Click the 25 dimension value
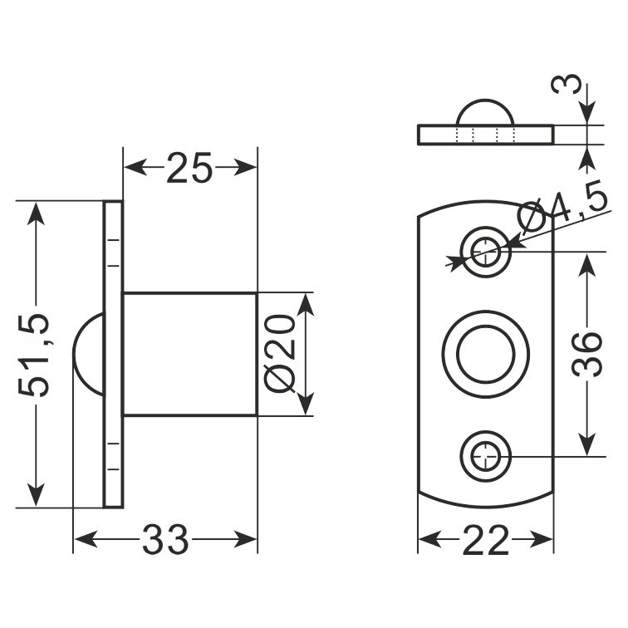(x=189, y=168)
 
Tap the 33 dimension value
(x=165, y=539)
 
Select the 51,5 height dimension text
(x=34, y=356)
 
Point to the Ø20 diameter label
(x=280, y=354)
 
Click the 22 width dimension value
(x=486, y=540)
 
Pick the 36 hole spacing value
(x=587, y=355)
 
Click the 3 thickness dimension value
(x=566, y=84)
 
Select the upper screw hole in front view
(x=486, y=252)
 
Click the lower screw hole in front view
(x=486, y=456)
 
